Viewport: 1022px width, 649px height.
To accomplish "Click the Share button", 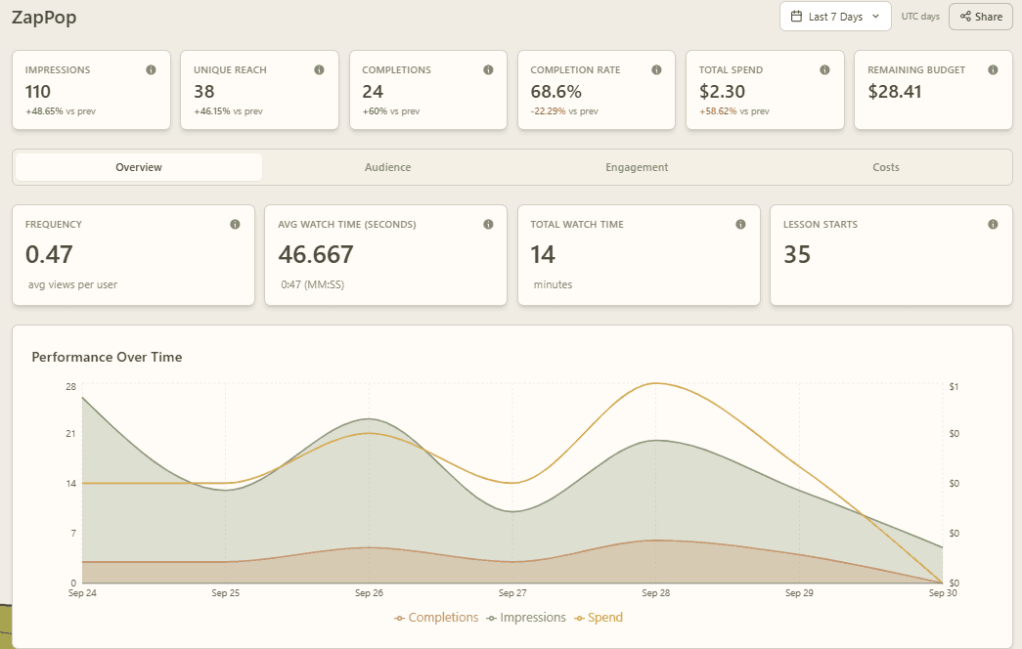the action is click(980, 17).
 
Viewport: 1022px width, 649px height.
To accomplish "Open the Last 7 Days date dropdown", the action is click(835, 17).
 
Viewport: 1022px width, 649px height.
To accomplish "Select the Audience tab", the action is click(388, 167).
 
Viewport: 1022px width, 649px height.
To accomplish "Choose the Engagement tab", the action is click(637, 167).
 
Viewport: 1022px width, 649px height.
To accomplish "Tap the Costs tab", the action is click(886, 167).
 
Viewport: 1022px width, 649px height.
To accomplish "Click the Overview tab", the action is click(139, 167).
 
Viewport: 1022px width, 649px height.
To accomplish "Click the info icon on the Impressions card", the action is click(151, 69).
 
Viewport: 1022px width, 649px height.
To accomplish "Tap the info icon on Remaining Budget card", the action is click(993, 69).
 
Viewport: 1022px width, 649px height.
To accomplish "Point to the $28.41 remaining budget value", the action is click(894, 92).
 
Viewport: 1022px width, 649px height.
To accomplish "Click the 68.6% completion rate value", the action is click(555, 92).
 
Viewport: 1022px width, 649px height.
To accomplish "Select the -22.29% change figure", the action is click(548, 111).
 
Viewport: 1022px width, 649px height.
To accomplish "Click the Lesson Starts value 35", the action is click(796, 254).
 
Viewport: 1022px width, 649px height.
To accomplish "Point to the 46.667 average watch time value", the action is click(316, 254).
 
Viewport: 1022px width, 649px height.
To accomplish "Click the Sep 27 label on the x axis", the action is click(512, 593).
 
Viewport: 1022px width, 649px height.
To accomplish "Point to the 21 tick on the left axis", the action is click(70, 433).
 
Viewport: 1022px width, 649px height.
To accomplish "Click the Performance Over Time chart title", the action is click(107, 357).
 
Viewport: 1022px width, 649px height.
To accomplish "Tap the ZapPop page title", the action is click(44, 18).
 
